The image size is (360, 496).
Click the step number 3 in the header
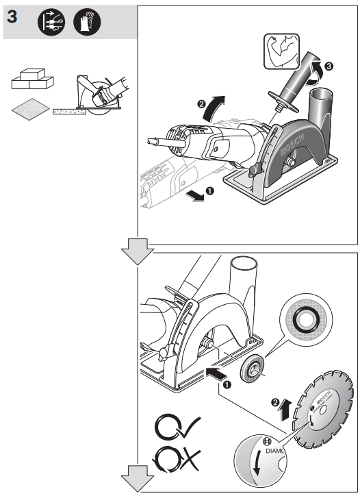coord(12,18)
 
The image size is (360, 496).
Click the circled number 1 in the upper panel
coord(210,193)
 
